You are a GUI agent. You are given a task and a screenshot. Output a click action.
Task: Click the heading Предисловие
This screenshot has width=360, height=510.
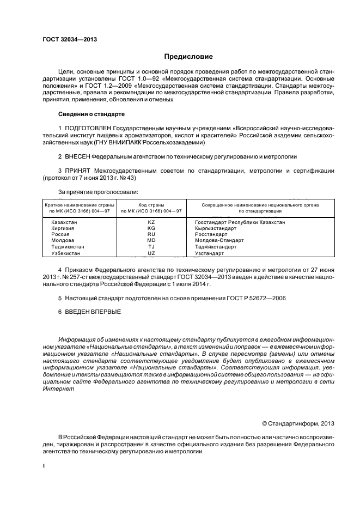click(188, 57)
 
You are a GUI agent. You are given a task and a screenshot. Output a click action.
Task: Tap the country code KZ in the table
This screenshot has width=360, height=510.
click(151, 222)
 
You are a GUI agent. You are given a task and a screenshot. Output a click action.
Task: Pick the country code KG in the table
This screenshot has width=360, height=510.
click(151, 228)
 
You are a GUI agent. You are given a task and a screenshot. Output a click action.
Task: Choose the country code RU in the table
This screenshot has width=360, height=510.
click(151, 234)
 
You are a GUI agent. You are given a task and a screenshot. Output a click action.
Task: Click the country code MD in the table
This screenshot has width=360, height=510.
click(151, 240)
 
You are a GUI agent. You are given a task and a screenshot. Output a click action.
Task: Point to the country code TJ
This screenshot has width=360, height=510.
click(151, 247)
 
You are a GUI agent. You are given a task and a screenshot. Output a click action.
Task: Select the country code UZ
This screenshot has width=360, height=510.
click(151, 253)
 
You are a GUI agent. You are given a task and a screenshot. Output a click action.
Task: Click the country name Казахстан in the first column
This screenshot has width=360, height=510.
click(64, 222)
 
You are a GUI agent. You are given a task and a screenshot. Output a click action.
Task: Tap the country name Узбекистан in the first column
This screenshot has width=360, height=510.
click(65, 253)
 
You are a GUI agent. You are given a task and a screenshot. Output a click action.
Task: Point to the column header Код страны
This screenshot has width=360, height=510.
click(151, 204)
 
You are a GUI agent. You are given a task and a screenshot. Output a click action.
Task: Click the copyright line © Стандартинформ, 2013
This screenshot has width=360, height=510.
click(298, 423)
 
